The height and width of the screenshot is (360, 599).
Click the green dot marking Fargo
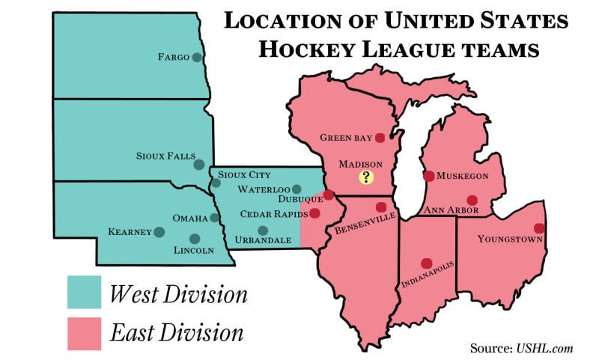coord(197,57)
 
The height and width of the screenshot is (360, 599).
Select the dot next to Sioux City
coord(216,183)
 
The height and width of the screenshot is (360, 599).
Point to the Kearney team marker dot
coord(159,232)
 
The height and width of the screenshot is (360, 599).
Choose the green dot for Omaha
coord(215,218)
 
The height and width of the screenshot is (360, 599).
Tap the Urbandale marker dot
coord(262,231)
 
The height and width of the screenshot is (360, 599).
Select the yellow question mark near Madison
coord(366,177)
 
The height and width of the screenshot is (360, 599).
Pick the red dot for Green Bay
coord(380,138)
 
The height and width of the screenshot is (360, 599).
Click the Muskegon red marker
coord(428,176)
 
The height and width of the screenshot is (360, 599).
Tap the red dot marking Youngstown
coord(538,228)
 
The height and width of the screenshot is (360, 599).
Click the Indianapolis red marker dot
coord(426,263)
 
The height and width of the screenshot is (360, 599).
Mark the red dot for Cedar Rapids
coord(314,213)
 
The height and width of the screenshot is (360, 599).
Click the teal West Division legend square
coord(83,293)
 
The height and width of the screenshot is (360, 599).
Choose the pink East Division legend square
coord(83,333)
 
